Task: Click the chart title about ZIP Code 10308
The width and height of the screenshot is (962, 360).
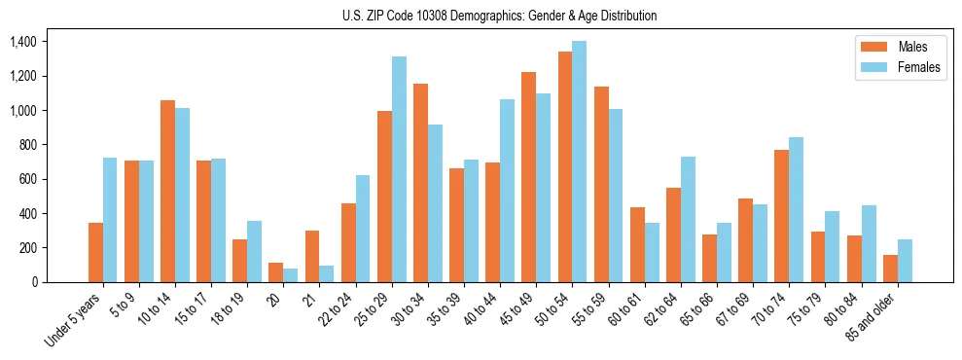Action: coord(499,16)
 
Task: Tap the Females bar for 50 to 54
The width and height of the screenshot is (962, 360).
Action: coord(580,162)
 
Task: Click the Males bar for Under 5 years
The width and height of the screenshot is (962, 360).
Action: coord(95,252)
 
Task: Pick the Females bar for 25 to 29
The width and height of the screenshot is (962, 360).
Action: coord(399,169)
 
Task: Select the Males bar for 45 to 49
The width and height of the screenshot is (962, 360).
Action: coord(529,177)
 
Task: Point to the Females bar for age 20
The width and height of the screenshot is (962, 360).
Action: coord(291,275)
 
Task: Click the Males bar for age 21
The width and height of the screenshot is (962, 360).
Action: coord(312,256)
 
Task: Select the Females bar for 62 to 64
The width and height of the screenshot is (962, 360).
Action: coord(688,219)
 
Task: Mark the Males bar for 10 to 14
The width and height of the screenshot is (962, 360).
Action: coord(168,191)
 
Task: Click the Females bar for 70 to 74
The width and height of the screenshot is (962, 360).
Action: coord(796,209)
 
